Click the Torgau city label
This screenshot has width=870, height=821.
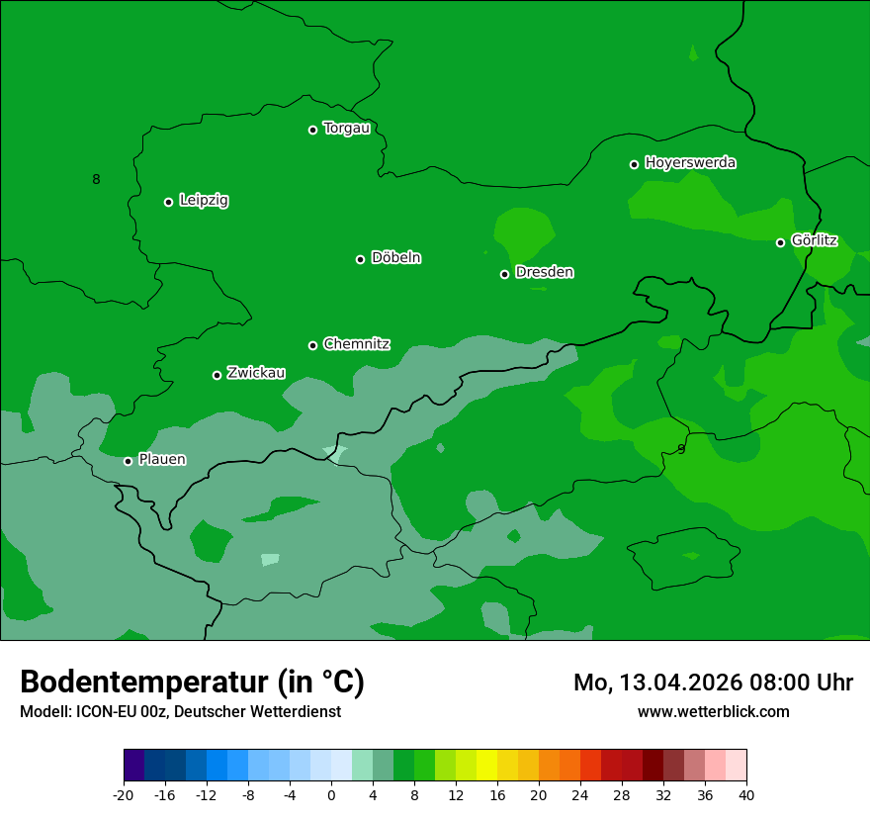coord(346,129)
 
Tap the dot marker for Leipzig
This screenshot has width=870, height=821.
coord(168,202)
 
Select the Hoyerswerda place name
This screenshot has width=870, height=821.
coord(690,163)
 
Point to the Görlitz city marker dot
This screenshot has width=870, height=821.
coord(780,242)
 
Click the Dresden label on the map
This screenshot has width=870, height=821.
coord(544,272)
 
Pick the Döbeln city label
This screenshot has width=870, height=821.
coord(395,258)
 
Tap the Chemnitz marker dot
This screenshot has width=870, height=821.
coord(312,345)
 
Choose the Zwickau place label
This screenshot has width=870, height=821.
coord(256,373)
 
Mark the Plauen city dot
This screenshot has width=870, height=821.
coord(128,461)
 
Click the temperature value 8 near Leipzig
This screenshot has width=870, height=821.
coord(96,179)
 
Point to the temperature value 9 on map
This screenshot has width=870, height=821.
coord(680,449)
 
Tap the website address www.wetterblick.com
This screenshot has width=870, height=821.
coord(713,712)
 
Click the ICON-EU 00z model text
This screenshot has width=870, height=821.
coord(119,712)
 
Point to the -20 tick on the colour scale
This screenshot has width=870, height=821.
coord(124,794)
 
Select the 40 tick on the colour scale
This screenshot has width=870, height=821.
coord(746,794)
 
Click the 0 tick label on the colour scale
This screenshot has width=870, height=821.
coord(331,794)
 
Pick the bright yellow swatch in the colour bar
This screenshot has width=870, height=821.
coord(486,766)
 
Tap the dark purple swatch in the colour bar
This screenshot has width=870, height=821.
coord(134,766)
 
